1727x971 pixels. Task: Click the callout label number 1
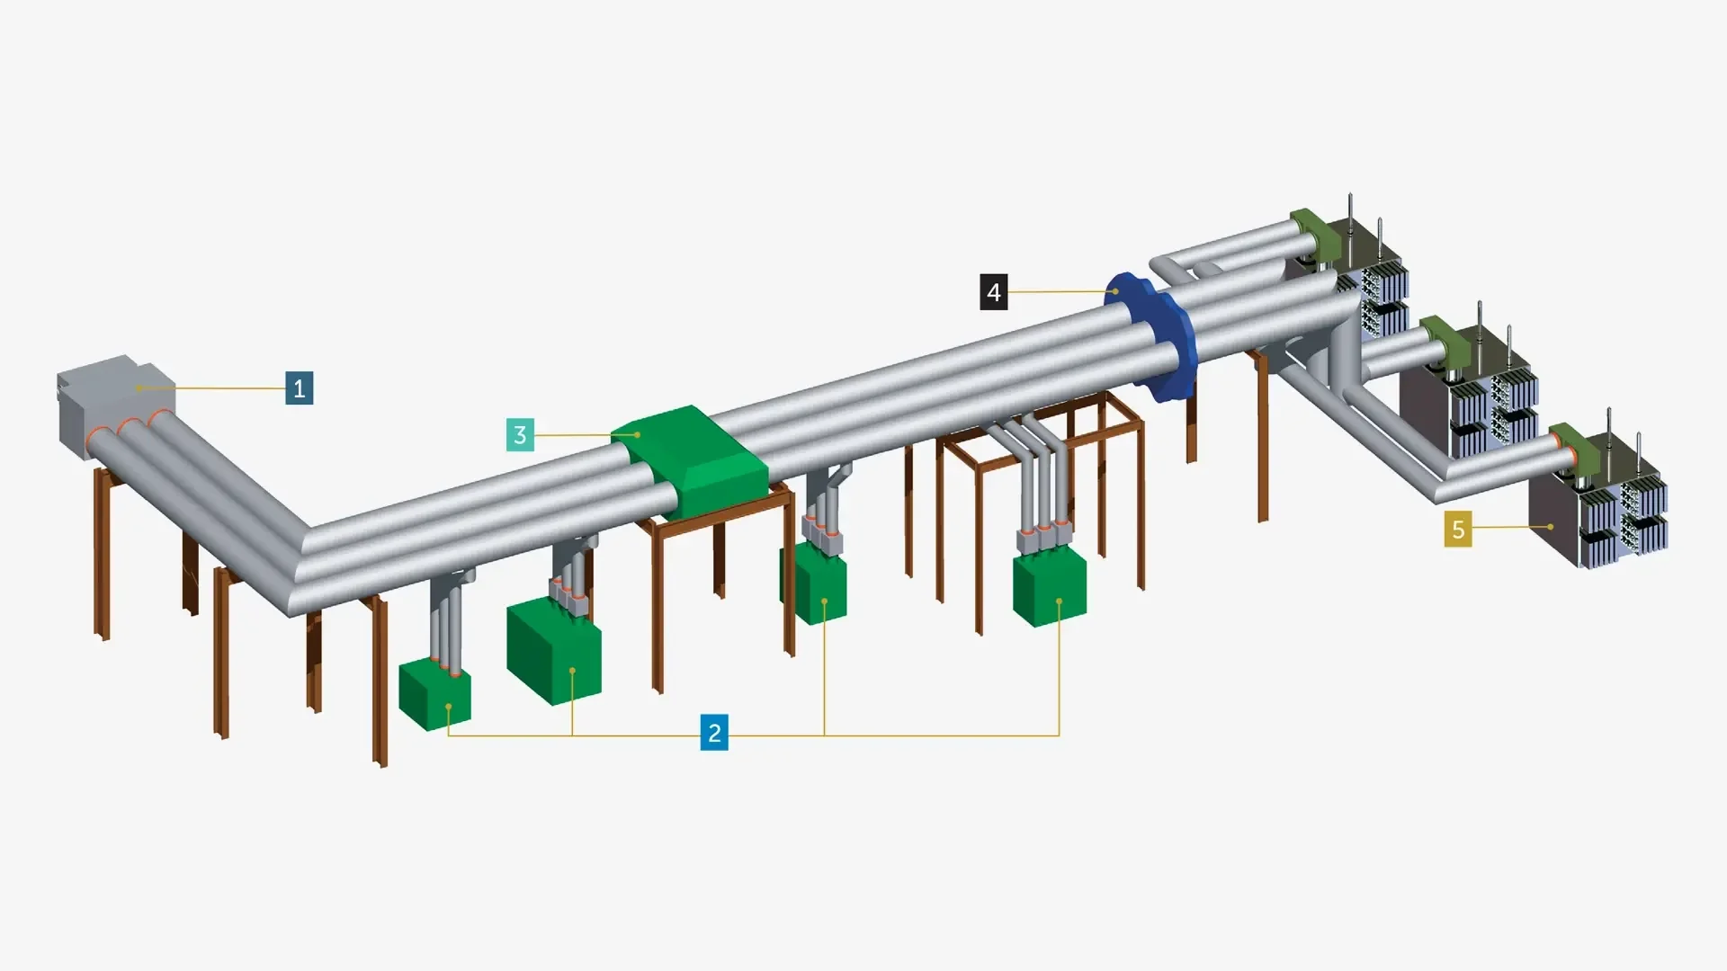pos(300,388)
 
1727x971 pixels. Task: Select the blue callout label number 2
pos(714,733)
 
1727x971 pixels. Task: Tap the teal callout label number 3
pos(520,435)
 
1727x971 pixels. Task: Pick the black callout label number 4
pos(994,292)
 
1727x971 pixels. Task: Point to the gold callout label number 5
pos(1458,530)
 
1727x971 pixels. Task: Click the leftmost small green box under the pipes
pos(435,694)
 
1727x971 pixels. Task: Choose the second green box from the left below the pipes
pos(553,652)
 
